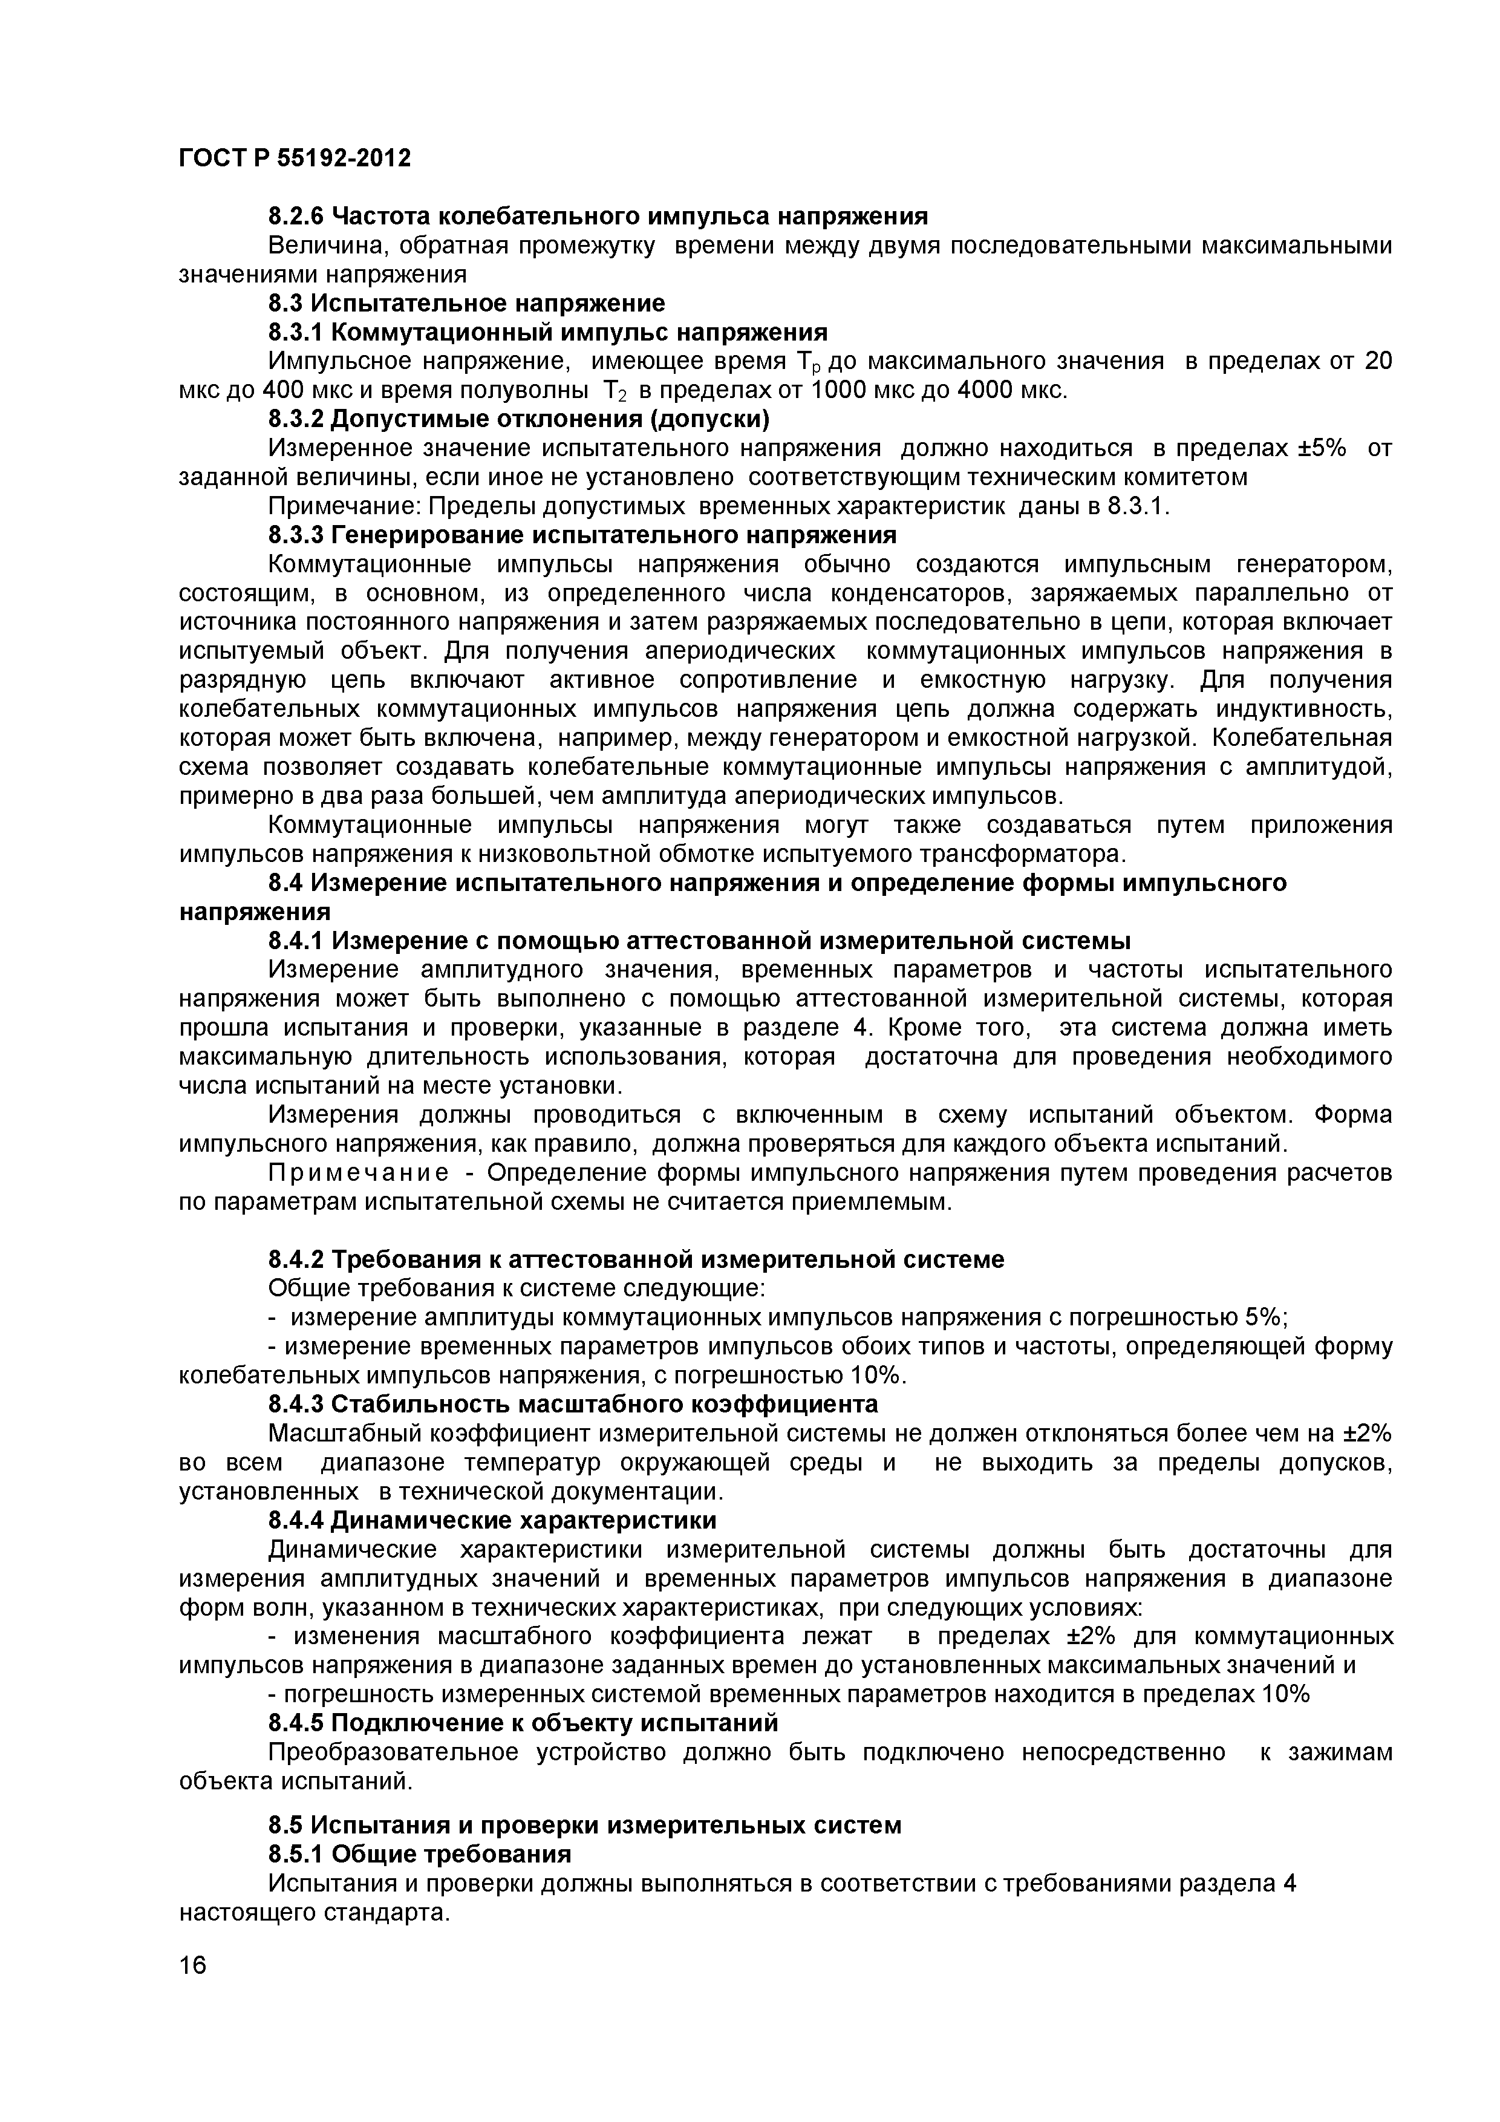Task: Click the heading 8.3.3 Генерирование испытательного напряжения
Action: click(x=582, y=535)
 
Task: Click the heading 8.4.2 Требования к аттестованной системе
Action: click(x=636, y=1259)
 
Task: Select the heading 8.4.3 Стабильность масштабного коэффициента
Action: click(x=573, y=1404)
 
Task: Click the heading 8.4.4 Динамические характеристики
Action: click(x=492, y=1520)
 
